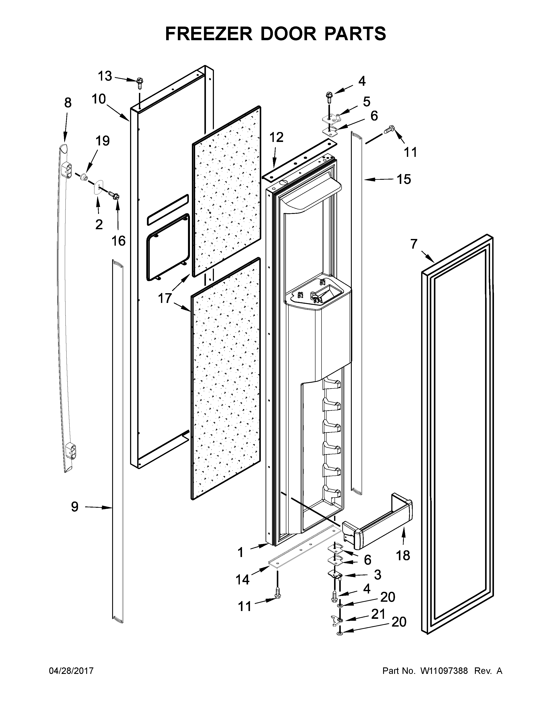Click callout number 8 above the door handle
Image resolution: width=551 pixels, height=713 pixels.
point(68,103)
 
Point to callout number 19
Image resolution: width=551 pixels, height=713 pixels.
point(102,141)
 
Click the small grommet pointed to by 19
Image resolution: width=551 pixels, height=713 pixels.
point(84,177)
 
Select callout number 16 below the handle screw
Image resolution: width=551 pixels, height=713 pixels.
point(118,241)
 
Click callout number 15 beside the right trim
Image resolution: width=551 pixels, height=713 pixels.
point(403,179)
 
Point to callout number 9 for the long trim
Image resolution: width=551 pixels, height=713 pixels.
point(75,507)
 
